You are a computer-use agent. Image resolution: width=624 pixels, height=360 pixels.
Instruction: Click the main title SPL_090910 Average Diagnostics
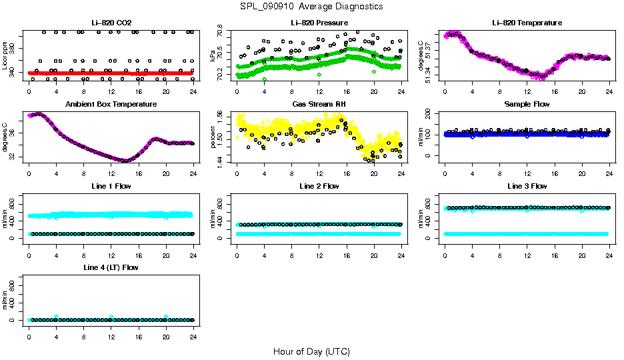click(x=312, y=6)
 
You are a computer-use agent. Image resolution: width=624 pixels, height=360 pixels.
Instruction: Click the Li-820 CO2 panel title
click(x=111, y=23)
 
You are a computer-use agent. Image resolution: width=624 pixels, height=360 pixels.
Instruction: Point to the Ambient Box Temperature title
click(x=111, y=105)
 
